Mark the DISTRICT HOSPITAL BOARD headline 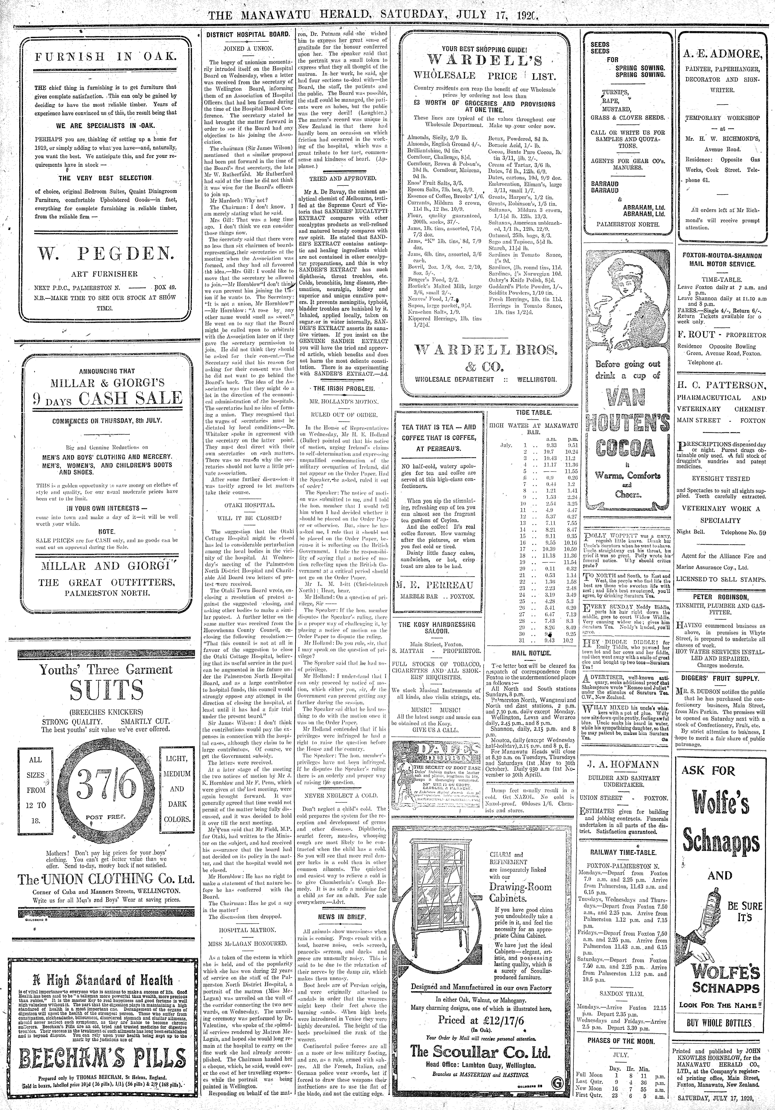[x=248, y=35]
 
